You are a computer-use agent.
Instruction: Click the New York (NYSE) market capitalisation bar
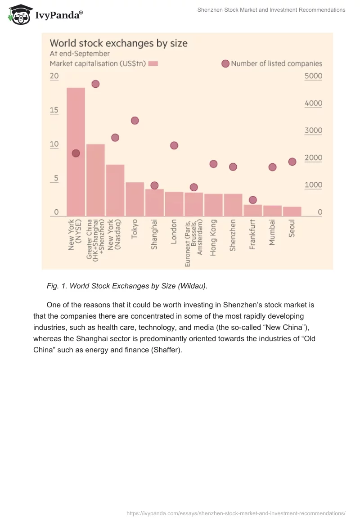click(76, 180)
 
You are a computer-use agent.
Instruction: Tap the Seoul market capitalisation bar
click(292, 211)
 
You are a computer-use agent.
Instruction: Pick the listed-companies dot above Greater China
click(95, 84)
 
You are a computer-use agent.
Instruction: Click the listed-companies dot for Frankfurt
click(253, 200)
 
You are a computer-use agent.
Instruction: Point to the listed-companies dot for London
click(174, 145)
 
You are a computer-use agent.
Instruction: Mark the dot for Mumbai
click(272, 167)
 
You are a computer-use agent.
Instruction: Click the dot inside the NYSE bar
click(76, 153)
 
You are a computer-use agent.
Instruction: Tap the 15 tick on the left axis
click(54, 110)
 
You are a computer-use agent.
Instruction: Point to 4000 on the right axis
click(313, 103)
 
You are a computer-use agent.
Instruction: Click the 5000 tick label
click(313, 76)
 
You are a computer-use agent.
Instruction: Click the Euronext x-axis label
click(193, 243)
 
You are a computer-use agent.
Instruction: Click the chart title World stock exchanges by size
click(118, 43)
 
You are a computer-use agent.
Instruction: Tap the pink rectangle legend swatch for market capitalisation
click(153, 64)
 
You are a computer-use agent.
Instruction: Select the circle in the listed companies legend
click(225, 64)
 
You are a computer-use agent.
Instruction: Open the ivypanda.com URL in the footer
click(236, 513)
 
